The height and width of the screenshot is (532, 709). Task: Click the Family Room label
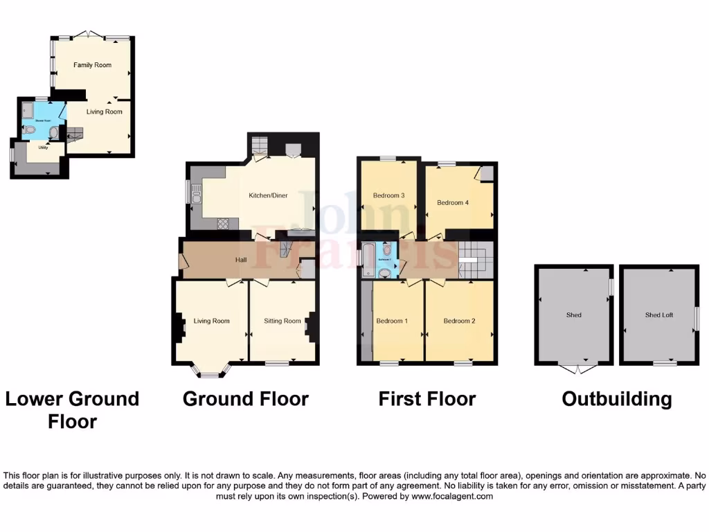coord(93,65)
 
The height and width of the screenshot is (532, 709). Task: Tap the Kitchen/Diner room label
coord(268,195)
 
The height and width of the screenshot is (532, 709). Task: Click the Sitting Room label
coord(282,321)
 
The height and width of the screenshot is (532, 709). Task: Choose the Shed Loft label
coord(658,315)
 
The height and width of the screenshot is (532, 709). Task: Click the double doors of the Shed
coord(574,369)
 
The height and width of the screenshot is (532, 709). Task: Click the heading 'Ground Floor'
coord(245,399)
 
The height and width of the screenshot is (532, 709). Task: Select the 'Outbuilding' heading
coord(616,399)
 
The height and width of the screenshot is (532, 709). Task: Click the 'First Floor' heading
coord(427,399)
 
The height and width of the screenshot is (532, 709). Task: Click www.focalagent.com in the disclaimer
coord(452,496)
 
